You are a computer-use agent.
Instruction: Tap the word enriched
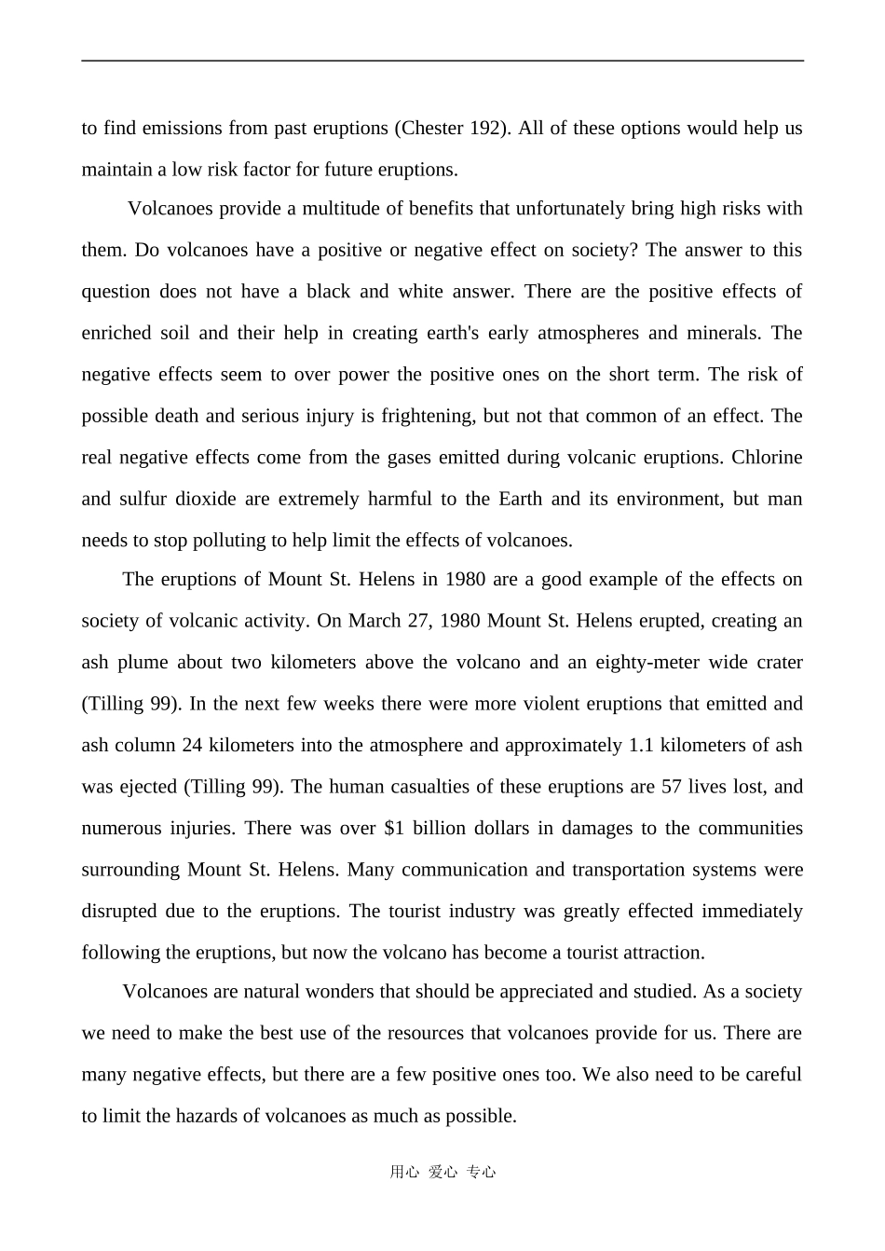click(116, 333)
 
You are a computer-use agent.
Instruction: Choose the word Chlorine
click(767, 457)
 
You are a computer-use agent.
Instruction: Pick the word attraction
click(663, 953)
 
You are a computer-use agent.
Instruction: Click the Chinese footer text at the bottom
click(442, 1173)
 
